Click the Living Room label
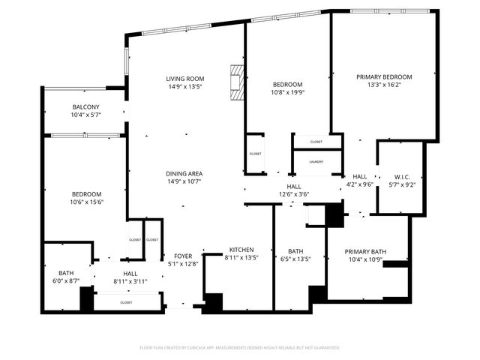[x=184, y=79]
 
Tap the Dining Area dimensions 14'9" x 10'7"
[x=184, y=181]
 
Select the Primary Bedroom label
[x=384, y=77]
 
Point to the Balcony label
[x=85, y=106]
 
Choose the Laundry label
[x=316, y=161]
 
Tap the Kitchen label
[x=241, y=250]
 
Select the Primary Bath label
[x=365, y=251]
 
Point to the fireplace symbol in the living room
[x=238, y=83]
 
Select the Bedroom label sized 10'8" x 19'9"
[x=287, y=85]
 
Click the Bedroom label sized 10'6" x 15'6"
[x=86, y=193]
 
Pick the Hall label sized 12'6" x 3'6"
[x=293, y=186]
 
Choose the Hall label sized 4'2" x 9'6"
[x=360, y=176]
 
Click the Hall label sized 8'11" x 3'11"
[x=130, y=274]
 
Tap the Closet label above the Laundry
[x=316, y=142]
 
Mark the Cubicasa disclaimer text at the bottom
[x=240, y=347]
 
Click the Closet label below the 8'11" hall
[x=126, y=302]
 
